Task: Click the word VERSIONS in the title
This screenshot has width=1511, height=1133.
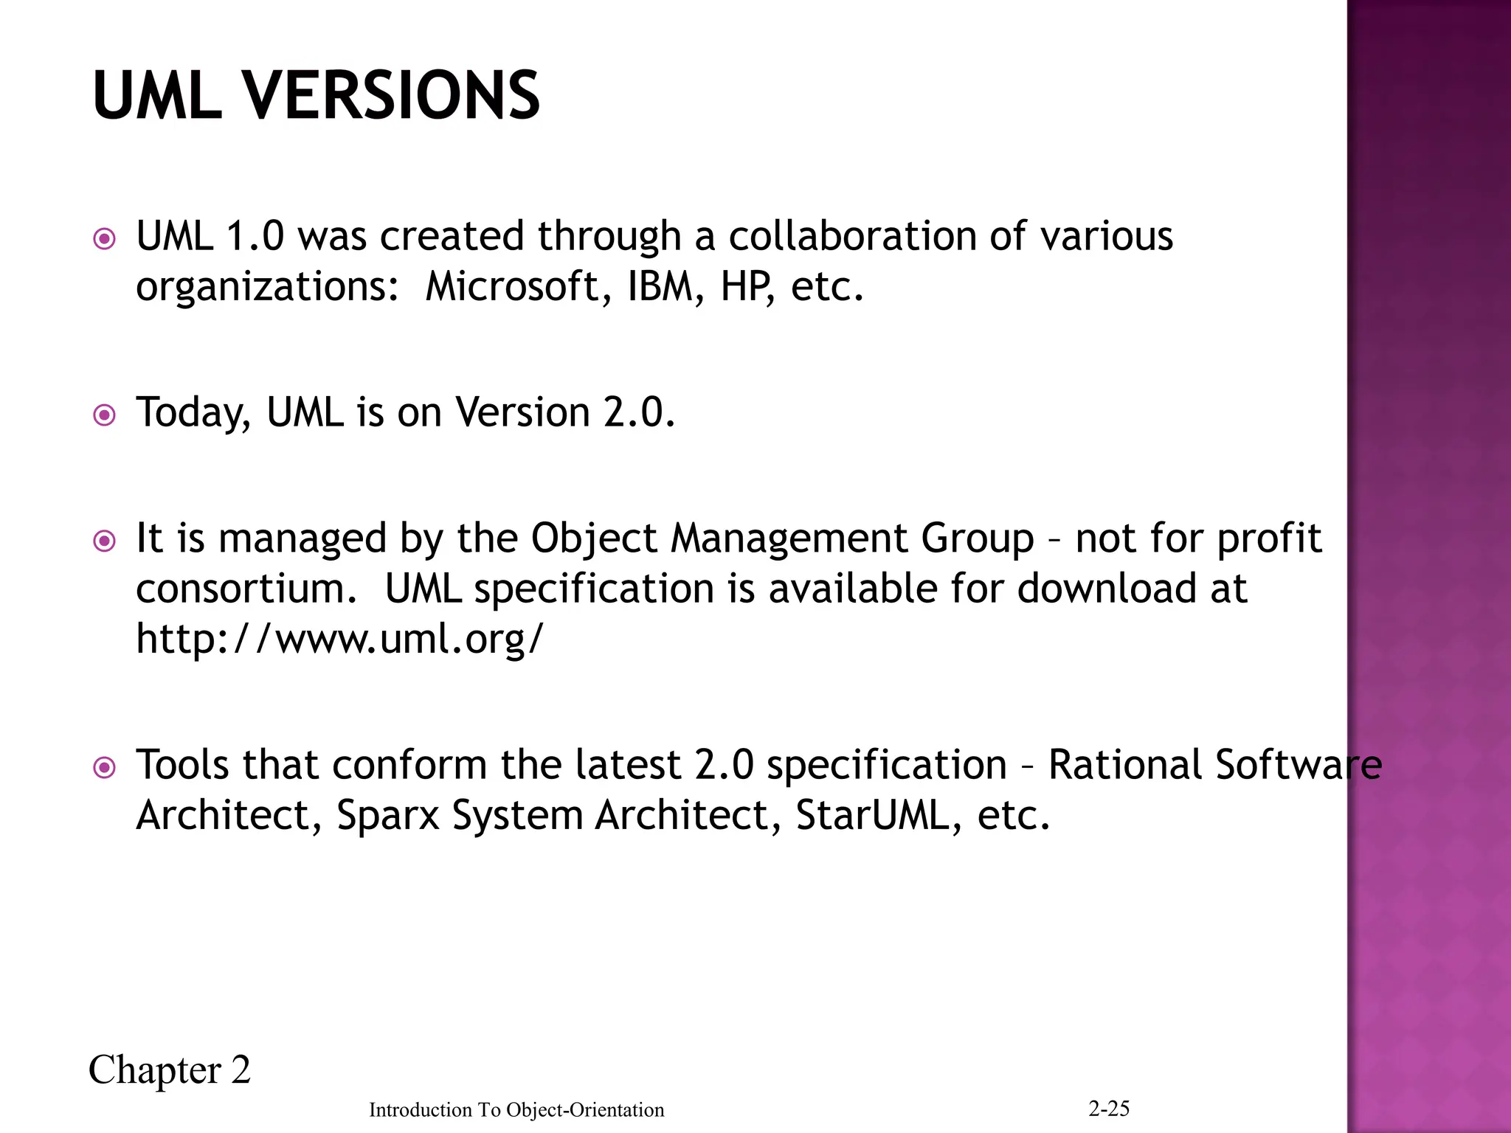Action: click(x=392, y=95)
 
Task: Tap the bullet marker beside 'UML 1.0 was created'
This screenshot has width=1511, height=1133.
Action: click(x=105, y=239)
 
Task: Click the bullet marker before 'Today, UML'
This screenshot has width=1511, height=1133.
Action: click(x=105, y=415)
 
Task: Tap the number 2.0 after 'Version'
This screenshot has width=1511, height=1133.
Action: click(x=638, y=412)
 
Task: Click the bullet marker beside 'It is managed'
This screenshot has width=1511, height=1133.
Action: click(x=105, y=541)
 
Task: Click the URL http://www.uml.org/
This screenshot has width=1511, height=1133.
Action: click(x=340, y=639)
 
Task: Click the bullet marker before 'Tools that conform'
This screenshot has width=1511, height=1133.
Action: click(x=105, y=768)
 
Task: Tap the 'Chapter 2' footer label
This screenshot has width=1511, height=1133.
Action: click(x=170, y=1070)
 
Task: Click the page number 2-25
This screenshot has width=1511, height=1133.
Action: click(x=1109, y=1108)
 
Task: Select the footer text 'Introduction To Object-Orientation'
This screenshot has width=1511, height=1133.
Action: click(x=516, y=1109)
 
